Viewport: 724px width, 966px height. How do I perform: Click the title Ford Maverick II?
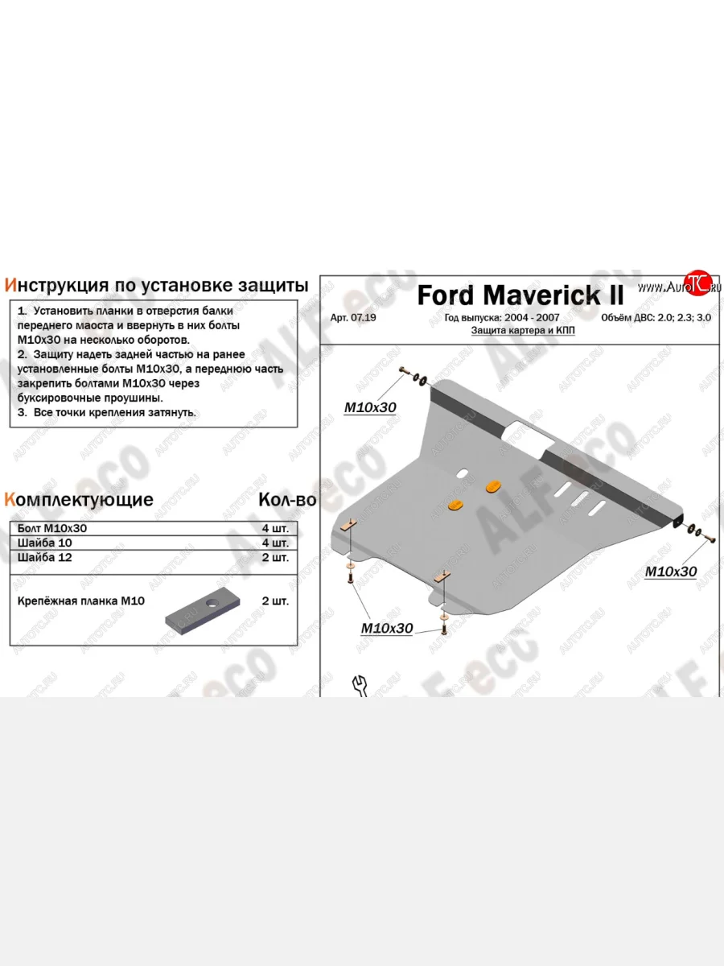click(x=520, y=295)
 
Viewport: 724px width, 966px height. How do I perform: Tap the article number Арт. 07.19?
click(x=353, y=318)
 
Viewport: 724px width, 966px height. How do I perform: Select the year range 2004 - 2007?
click(x=532, y=318)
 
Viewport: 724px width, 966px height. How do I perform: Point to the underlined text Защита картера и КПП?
click(x=523, y=331)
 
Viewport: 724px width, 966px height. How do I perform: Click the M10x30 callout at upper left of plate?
click(x=370, y=407)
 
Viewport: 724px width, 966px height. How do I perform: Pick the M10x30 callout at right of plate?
click(x=671, y=572)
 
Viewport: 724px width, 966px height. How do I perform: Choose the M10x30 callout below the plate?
click(x=387, y=629)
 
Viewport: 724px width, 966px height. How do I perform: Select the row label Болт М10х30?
click(x=51, y=528)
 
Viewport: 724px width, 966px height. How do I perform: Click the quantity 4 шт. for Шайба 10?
click(x=275, y=543)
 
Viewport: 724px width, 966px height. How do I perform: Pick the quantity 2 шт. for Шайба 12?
click(x=275, y=557)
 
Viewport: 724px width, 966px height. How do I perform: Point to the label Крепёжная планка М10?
click(x=81, y=601)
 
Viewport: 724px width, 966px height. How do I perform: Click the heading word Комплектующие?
click(x=79, y=500)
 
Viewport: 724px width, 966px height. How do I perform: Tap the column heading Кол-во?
click(x=287, y=500)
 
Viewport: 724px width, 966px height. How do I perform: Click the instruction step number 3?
click(x=22, y=412)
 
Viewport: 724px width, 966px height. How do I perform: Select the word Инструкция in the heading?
click(x=56, y=285)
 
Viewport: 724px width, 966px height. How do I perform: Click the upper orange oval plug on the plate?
click(x=493, y=486)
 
